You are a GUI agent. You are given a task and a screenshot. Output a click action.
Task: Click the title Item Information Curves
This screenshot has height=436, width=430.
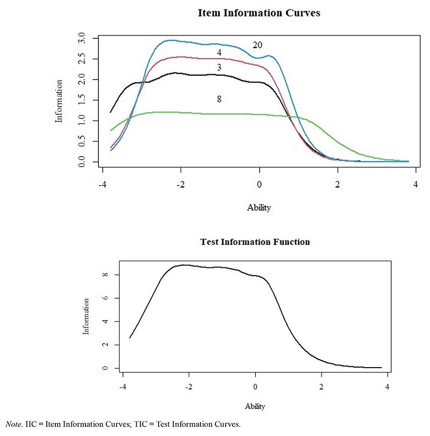click(259, 13)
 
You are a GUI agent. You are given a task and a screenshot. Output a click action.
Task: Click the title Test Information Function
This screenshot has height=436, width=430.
click(255, 242)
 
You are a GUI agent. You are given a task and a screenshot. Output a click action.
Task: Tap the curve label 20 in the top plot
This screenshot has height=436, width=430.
click(257, 45)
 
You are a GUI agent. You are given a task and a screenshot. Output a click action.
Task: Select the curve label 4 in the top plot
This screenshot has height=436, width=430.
click(219, 52)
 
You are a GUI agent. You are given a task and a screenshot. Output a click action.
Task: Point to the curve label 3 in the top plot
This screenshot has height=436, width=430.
click(219, 67)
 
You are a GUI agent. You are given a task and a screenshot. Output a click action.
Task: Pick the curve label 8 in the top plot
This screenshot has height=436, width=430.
click(219, 99)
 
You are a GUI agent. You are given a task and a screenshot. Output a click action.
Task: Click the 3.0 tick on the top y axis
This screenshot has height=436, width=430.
click(82, 39)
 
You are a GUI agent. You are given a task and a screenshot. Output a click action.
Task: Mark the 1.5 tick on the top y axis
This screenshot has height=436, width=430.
click(82, 100)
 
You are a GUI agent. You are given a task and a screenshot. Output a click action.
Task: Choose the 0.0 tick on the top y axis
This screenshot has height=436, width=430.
click(82, 161)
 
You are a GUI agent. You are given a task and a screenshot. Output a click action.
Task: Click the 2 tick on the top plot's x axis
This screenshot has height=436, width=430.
click(338, 185)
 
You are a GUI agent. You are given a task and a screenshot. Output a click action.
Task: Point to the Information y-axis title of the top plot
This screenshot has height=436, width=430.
click(60, 101)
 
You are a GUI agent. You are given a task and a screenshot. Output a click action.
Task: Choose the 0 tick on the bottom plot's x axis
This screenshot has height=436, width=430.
click(255, 387)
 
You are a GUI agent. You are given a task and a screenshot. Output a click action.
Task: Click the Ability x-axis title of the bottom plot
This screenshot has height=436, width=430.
click(255, 406)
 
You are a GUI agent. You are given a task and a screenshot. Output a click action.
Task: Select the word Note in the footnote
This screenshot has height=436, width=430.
click(13, 425)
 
